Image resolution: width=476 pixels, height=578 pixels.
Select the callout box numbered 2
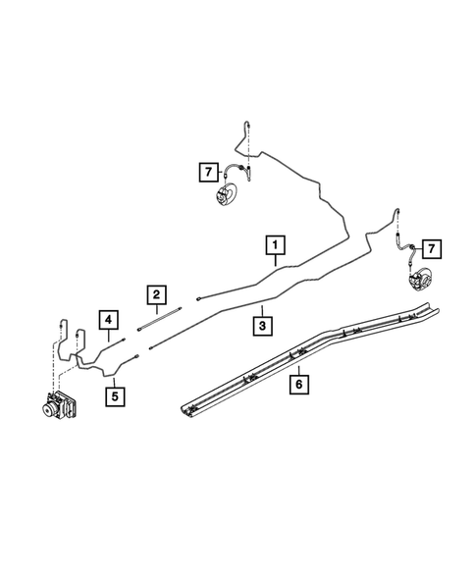pos(154,293)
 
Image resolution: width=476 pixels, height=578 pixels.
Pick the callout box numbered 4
pos(107,318)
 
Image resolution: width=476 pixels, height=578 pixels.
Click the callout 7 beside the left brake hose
pos(206,173)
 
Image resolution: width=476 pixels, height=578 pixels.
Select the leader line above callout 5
pos(114,378)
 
